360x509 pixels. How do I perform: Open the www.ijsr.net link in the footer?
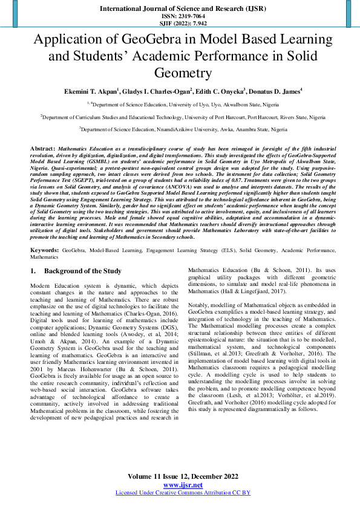183,485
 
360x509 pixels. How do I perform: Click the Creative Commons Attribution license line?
183,493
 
